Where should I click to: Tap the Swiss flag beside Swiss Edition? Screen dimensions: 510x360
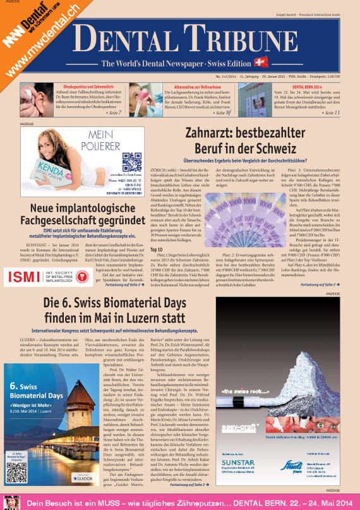260,62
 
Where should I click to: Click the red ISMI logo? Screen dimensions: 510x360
21,276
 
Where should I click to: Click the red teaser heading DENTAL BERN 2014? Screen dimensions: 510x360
308,86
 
